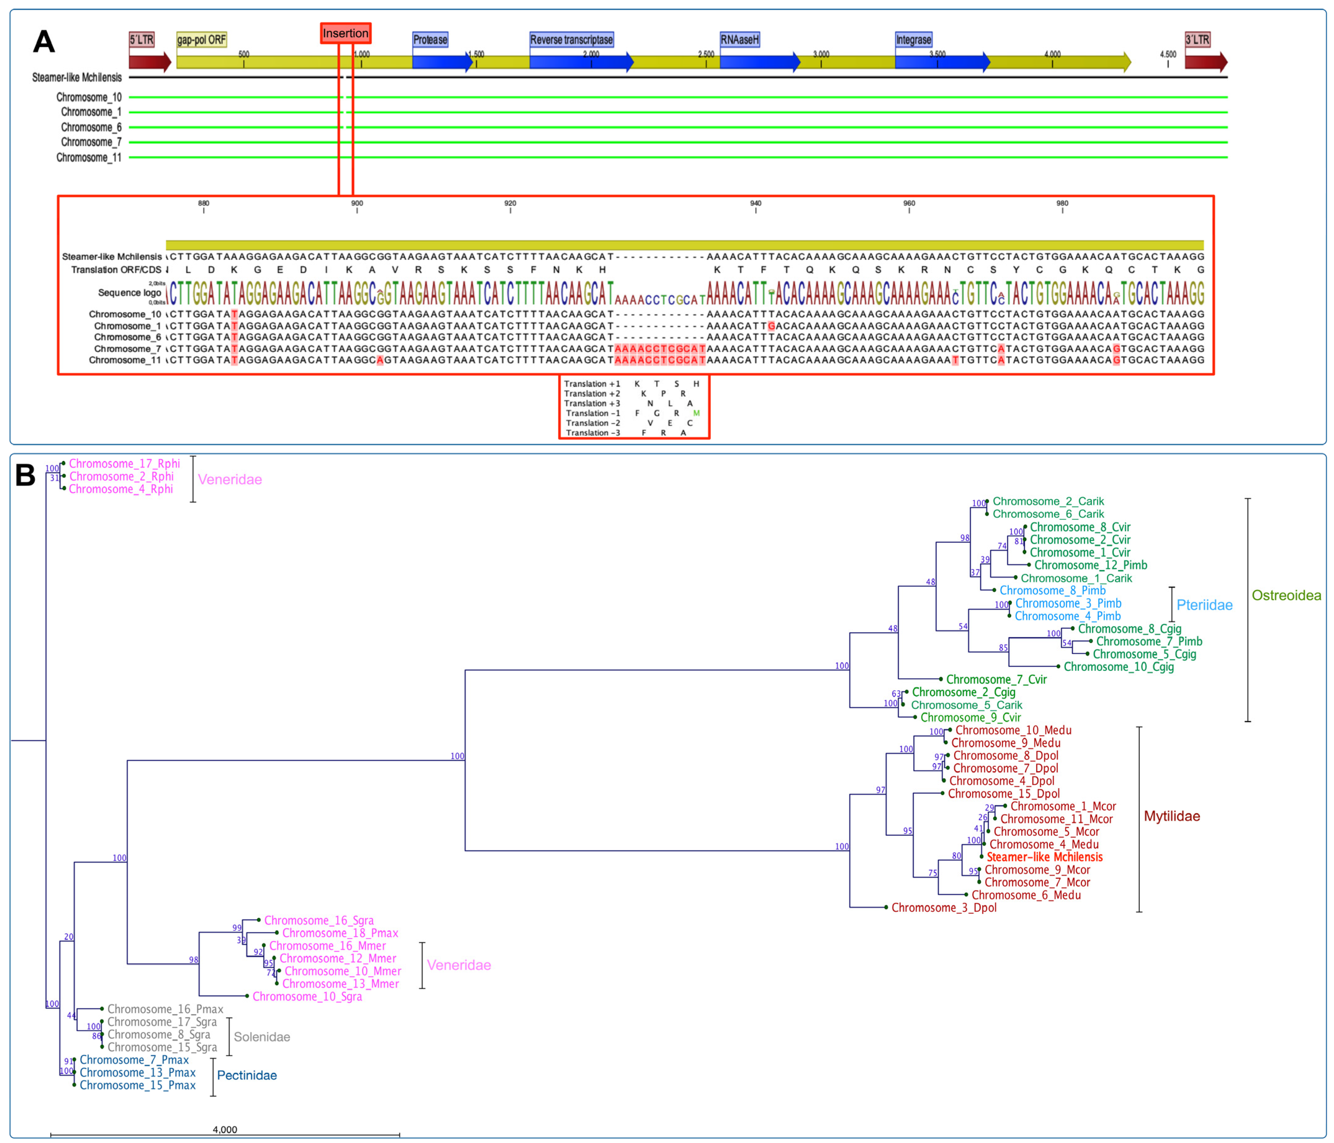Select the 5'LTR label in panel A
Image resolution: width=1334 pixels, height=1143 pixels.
(x=141, y=40)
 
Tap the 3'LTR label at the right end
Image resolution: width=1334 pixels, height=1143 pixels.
(x=1197, y=40)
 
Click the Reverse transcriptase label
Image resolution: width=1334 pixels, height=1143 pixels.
(x=571, y=40)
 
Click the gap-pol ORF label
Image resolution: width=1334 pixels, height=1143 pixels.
(x=201, y=40)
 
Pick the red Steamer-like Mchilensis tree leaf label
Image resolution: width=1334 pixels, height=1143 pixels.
(x=1044, y=857)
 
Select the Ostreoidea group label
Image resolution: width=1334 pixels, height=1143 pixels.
(x=1286, y=596)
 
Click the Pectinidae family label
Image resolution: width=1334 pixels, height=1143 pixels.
(x=247, y=1075)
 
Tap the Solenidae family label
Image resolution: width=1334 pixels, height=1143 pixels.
(x=261, y=1037)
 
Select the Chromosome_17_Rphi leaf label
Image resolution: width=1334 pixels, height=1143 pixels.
(x=124, y=464)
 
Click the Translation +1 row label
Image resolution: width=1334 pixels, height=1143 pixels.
(x=592, y=384)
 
